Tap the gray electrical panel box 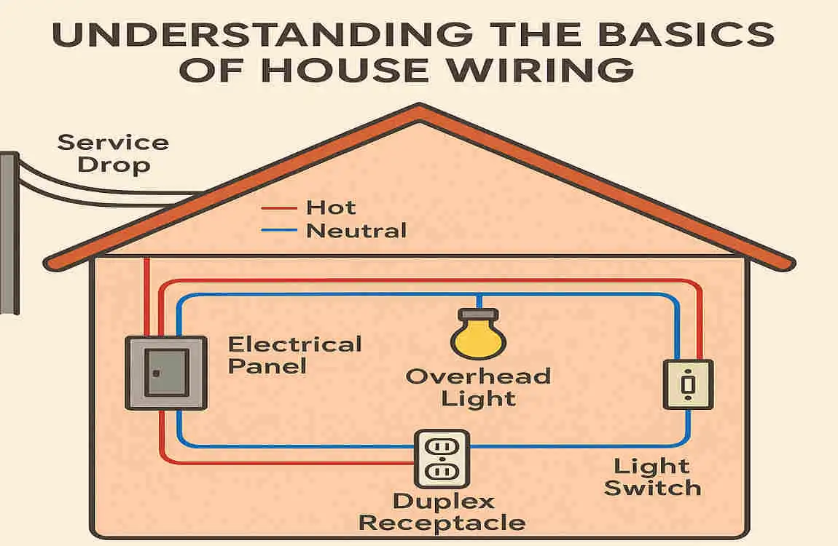pyautogui.click(x=166, y=372)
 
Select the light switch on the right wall pyautogui.click(x=688, y=384)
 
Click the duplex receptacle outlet pyautogui.click(x=442, y=458)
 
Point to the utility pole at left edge pyautogui.click(x=9, y=233)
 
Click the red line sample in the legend pyautogui.click(x=279, y=209)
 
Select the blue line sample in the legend pyautogui.click(x=279, y=232)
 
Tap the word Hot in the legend pyautogui.click(x=331, y=207)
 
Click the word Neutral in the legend pyautogui.click(x=356, y=232)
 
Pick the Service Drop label pyautogui.click(x=113, y=152)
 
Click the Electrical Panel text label pyautogui.click(x=294, y=355)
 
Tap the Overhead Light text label pyautogui.click(x=478, y=387)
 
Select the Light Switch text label pyautogui.click(x=652, y=477)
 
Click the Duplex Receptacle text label pyautogui.click(x=442, y=512)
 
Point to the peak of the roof pyautogui.click(x=420, y=109)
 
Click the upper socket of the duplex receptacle pyautogui.click(x=442, y=446)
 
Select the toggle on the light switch pyautogui.click(x=688, y=383)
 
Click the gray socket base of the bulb pyautogui.click(x=477, y=316)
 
